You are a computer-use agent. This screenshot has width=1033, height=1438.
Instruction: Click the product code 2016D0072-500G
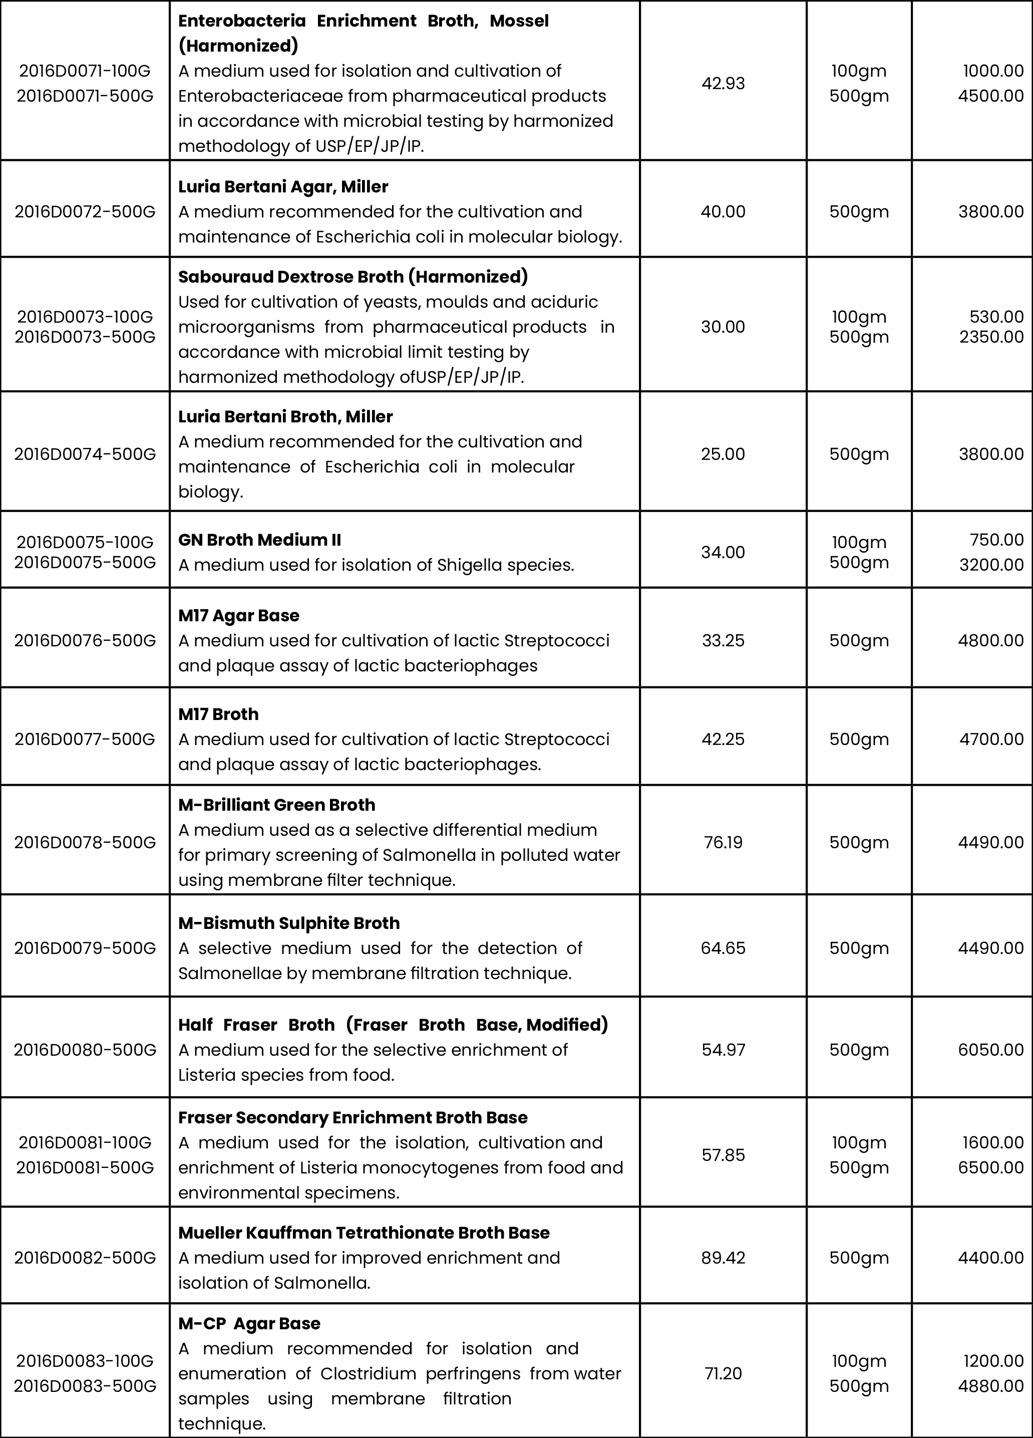tap(85, 212)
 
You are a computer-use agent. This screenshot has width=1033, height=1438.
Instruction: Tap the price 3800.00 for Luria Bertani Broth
tap(990, 454)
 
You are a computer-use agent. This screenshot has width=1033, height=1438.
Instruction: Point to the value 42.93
tap(723, 84)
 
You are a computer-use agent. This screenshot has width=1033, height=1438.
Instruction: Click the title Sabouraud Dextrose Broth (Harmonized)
tap(353, 277)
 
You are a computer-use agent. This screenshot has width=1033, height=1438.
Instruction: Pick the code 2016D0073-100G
tap(85, 316)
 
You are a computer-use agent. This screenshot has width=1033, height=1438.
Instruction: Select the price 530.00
tap(996, 316)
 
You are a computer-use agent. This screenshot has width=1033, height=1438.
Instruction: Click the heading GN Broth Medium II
tap(259, 540)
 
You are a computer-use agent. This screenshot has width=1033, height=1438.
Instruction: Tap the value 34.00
tap(723, 552)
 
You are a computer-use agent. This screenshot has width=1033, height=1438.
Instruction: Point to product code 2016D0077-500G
tap(85, 739)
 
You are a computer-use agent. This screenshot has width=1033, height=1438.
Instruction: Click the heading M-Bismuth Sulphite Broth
tap(288, 923)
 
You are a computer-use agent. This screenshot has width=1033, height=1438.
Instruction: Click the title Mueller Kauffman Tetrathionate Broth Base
tap(364, 1233)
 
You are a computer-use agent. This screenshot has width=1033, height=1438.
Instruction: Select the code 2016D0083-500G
tap(85, 1386)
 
